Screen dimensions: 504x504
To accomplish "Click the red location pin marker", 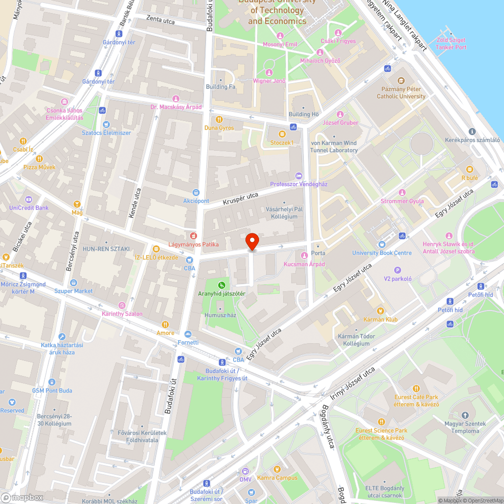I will pyautogui.click(x=252, y=241).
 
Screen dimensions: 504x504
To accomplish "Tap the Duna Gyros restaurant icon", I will pyautogui.click(x=219, y=119).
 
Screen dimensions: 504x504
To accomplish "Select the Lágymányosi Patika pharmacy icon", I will pyautogui.click(x=193, y=236).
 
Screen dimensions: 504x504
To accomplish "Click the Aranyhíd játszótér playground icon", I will pyautogui.click(x=221, y=285).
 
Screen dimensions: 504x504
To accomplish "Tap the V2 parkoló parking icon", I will pyautogui.click(x=398, y=270).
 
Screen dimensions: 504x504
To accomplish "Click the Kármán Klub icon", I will pyautogui.click(x=381, y=311).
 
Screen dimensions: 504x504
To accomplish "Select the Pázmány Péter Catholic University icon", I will pyautogui.click(x=401, y=81).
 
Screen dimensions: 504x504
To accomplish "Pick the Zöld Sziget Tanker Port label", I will pyautogui.click(x=451, y=44).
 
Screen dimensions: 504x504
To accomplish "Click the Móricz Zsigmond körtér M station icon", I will pyautogui.click(x=23, y=276).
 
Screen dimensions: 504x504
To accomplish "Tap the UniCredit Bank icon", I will pyautogui.click(x=28, y=199).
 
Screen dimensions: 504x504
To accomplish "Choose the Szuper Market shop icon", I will pyautogui.click(x=74, y=283).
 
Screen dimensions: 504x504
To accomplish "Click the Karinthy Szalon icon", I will pyautogui.click(x=121, y=305).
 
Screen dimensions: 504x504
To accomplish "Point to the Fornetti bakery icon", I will pyautogui.click(x=188, y=334).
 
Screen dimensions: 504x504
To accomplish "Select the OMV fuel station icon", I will pyautogui.click(x=245, y=471).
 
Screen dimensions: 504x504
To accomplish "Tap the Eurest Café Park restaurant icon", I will pyautogui.click(x=416, y=389).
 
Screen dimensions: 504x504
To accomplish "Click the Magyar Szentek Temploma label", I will pyautogui.click(x=465, y=427).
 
